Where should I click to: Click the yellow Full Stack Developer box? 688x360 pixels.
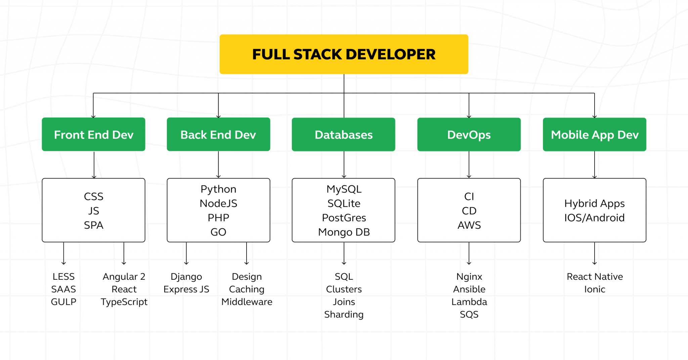pos(344,54)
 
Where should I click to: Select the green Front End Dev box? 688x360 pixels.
pos(93,134)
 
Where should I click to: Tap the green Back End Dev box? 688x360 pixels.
pos(218,134)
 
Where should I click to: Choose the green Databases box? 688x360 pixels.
pos(343,134)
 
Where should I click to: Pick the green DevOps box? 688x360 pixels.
pos(469,134)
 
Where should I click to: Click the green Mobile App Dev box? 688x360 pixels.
pos(594,134)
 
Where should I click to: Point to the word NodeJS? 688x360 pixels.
pos(218,204)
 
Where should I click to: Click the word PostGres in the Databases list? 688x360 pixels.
pos(344,218)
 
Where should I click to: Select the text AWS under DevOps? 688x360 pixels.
pos(469,225)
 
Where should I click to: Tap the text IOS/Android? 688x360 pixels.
pos(594,218)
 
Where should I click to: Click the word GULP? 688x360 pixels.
pos(63,302)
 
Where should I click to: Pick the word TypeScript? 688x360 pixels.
pos(124,302)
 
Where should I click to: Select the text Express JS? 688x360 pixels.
pos(186,289)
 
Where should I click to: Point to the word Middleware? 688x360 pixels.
pos(247,302)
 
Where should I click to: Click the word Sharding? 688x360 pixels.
pos(344,315)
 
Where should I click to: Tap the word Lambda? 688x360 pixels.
pos(469,302)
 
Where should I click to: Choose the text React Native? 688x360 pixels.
pos(595,277)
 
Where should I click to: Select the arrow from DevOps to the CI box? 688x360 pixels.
pos(469,165)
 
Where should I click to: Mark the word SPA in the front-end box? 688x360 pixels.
pos(93,225)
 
